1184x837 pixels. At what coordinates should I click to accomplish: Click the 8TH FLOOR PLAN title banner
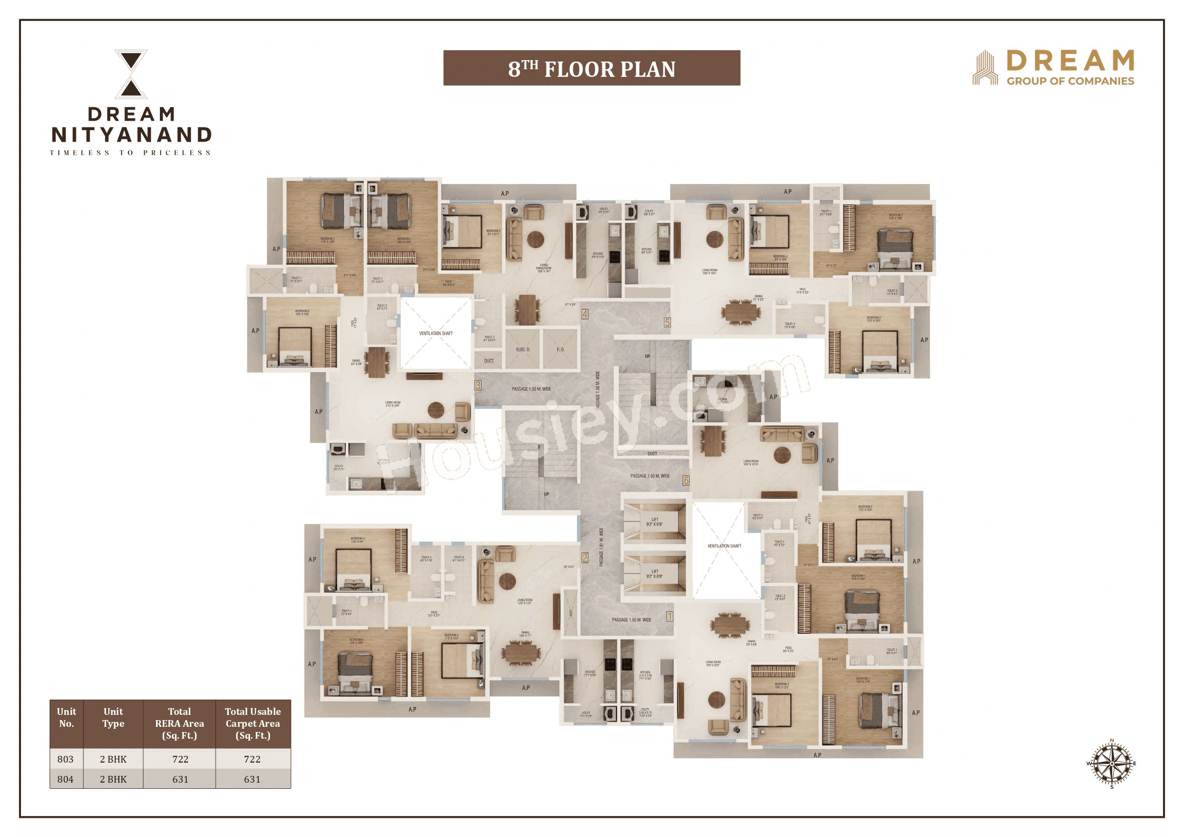591,68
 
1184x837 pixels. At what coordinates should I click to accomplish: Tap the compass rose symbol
1111,763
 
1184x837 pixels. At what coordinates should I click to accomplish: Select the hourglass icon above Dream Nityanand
131,74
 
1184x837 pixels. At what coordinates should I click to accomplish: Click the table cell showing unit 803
65,759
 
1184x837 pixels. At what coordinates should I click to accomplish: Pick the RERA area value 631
180,779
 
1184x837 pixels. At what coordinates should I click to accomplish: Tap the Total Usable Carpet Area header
252,723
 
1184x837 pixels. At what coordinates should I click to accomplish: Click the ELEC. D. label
523,350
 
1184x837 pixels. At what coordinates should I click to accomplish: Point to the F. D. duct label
561,350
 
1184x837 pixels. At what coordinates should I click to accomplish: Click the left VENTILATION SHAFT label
436,334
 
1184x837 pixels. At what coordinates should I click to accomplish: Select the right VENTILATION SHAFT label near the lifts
724,546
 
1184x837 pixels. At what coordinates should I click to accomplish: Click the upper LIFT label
654,522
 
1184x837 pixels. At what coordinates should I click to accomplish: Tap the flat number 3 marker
478,385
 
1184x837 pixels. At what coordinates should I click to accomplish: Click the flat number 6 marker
686,481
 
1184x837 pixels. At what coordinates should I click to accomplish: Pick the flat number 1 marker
670,616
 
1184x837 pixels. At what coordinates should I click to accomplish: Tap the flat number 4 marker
585,314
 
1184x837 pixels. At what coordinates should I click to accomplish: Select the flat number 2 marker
585,557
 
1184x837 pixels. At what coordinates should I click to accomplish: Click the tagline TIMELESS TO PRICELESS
130,153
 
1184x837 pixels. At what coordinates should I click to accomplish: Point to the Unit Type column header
113,717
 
